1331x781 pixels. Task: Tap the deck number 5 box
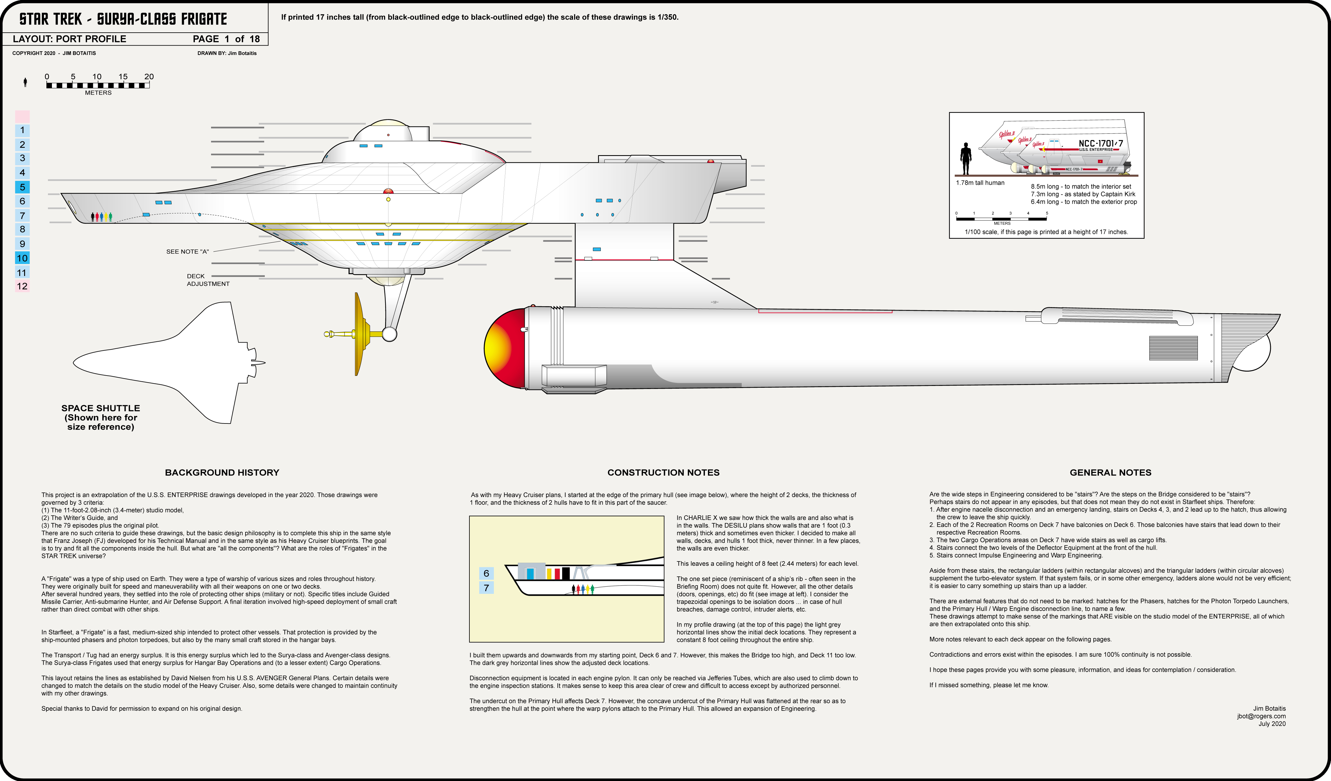[x=22, y=187]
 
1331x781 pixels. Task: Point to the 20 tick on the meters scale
[x=149, y=77]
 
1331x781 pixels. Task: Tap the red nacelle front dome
[x=505, y=349]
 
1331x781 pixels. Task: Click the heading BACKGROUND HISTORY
[x=222, y=473]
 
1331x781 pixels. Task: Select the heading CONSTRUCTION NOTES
[x=663, y=473]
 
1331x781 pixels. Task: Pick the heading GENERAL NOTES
[x=1110, y=473]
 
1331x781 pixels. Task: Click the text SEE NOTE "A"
[x=188, y=252]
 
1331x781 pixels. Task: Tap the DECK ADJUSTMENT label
[x=208, y=280]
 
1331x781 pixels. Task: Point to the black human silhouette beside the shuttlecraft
[x=966, y=158]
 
